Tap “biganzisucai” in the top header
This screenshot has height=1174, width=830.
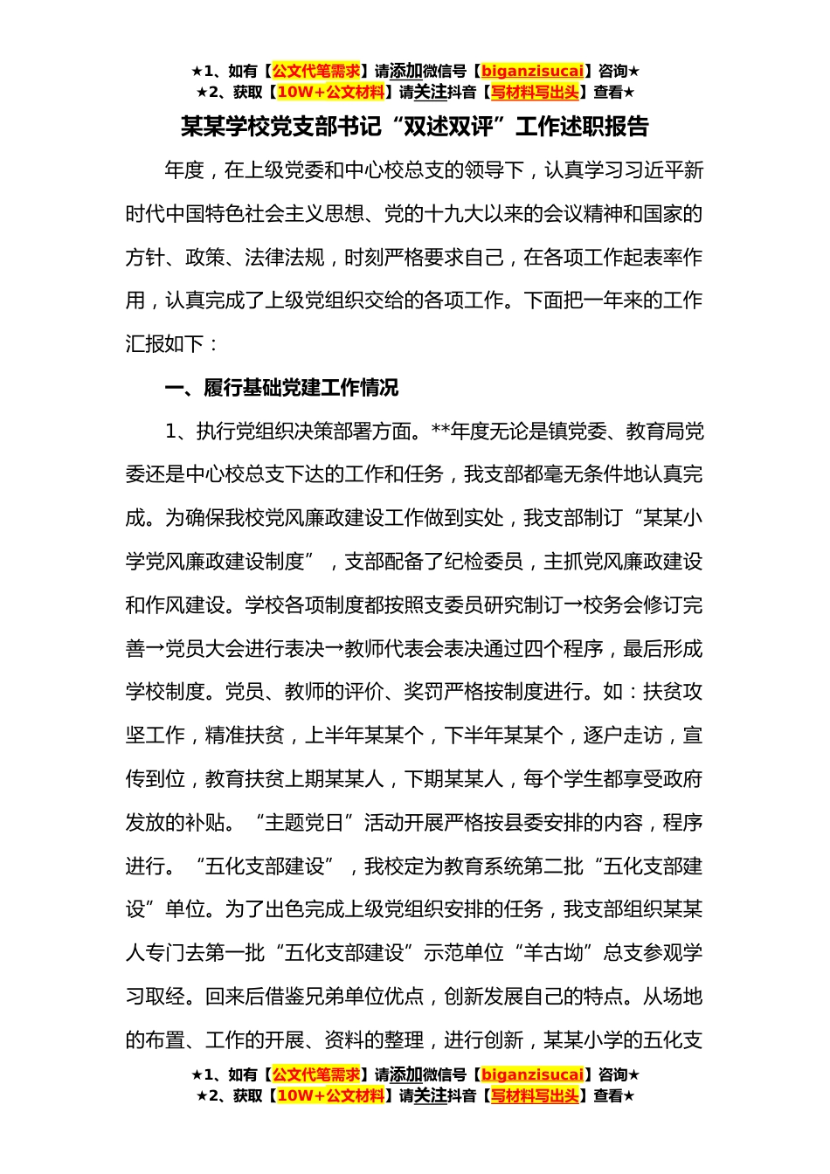[x=532, y=72]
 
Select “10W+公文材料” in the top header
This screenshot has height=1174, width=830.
[x=330, y=93]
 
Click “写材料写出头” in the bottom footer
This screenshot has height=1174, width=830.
[x=535, y=1096]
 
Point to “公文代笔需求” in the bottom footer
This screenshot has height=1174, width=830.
[x=316, y=1075]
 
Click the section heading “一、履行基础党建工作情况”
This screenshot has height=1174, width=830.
[x=281, y=388]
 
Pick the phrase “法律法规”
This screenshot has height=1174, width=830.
[x=285, y=258]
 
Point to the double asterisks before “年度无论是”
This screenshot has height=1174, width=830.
[x=440, y=432]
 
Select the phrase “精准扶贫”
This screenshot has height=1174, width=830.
[x=245, y=735]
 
